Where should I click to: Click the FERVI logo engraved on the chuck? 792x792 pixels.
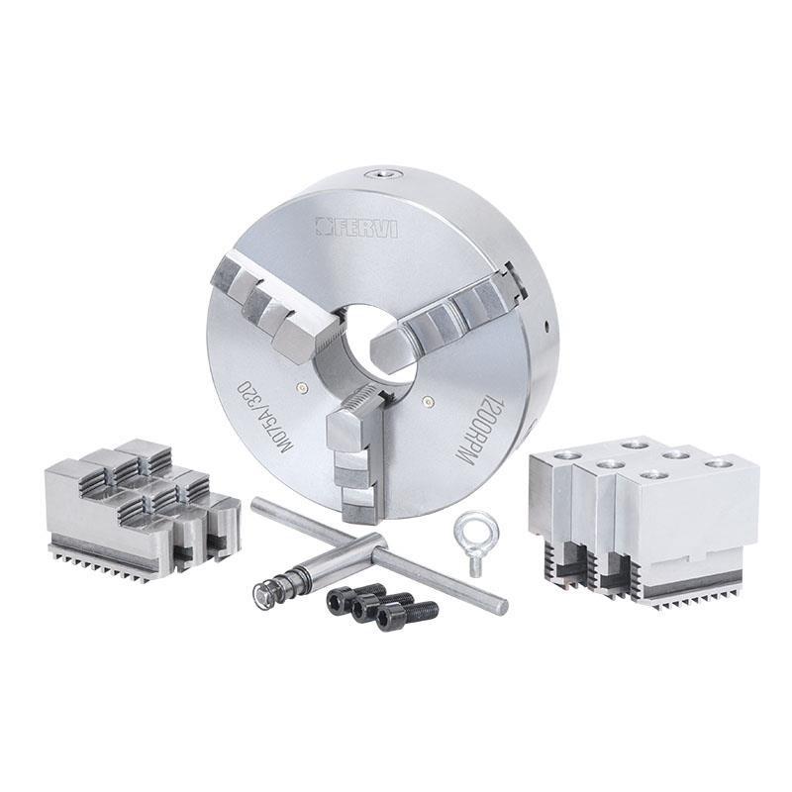356,227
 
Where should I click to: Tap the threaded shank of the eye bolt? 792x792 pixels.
475,564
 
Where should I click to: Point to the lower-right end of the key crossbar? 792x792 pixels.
500,606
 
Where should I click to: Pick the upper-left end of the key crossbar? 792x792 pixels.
256,504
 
